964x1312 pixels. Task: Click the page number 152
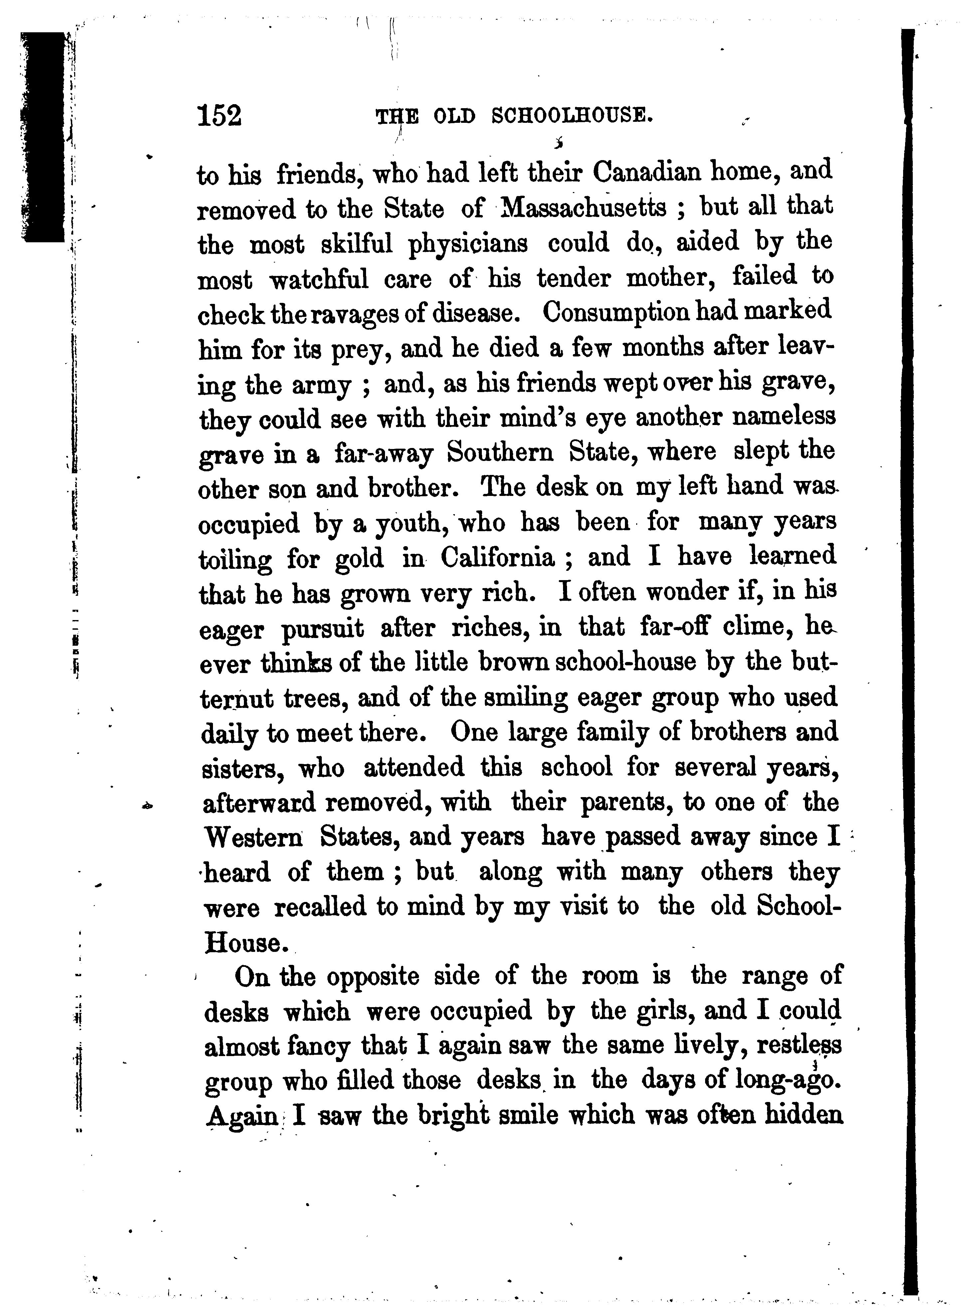(219, 115)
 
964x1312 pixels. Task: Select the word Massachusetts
(584, 208)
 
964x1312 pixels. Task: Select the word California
(497, 558)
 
